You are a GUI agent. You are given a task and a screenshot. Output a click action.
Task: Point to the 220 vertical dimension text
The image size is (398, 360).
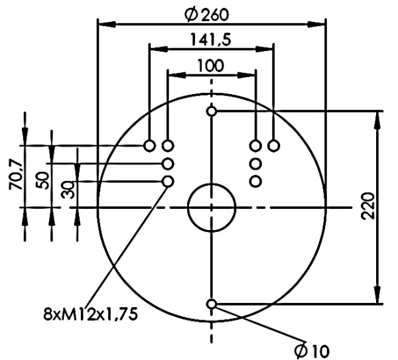pyautogui.click(x=370, y=207)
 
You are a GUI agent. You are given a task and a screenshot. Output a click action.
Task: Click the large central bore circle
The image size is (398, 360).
pyautogui.click(x=212, y=208)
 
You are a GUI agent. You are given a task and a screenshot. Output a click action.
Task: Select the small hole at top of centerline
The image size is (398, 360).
pyautogui.click(x=212, y=111)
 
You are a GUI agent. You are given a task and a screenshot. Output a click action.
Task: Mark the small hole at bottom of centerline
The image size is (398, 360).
pyautogui.click(x=212, y=304)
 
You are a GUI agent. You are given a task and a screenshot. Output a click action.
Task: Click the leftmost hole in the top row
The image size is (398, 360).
pyautogui.click(x=150, y=145)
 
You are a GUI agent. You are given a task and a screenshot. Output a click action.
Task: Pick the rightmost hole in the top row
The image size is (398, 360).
pyautogui.click(x=273, y=145)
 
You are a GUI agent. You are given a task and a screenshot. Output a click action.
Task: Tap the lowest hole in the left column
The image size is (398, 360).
pyautogui.click(x=168, y=181)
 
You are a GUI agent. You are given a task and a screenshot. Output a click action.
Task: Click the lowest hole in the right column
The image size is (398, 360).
pyautogui.click(x=255, y=181)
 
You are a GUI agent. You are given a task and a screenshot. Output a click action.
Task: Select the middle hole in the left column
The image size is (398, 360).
pyautogui.click(x=168, y=163)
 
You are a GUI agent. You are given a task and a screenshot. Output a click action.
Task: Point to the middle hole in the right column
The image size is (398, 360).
pyautogui.click(x=255, y=163)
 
